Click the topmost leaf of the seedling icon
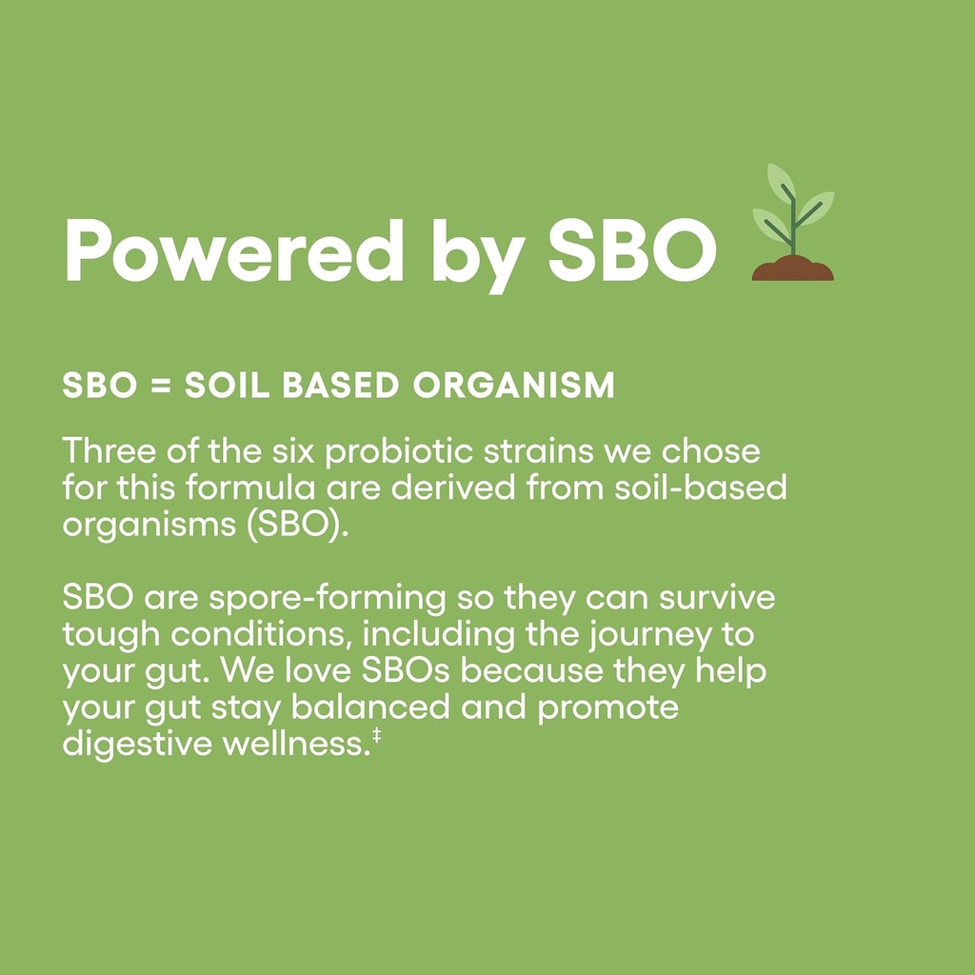coord(780,181)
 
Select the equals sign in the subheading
coord(160,386)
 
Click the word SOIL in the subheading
coord(227,386)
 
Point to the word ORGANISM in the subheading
coord(513,386)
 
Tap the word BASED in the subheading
coord(341,386)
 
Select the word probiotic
coord(399,452)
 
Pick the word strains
coord(539,450)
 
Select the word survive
coord(717,598)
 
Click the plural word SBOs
coord(405,671)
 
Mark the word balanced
coord(370,707)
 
